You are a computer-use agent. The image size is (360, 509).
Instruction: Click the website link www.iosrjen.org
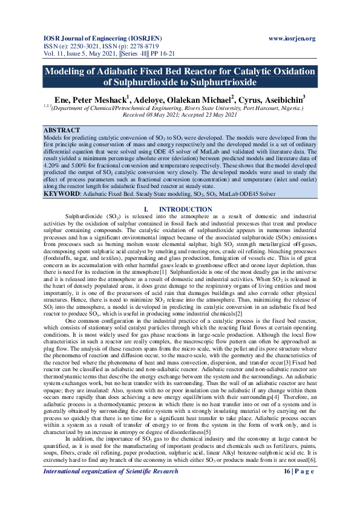(292, 39)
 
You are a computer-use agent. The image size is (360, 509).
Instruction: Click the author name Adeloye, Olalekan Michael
(182, 98)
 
